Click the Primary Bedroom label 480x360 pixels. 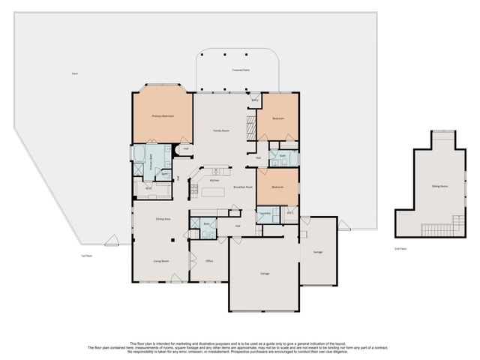163,116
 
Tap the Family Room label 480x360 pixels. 220,130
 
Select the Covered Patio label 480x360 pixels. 241,70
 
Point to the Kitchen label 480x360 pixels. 214,181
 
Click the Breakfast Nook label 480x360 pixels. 243,187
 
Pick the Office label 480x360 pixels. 209,261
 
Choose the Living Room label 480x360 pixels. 161,261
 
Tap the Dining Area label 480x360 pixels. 163,219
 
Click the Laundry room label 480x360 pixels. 265,213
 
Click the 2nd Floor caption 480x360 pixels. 401,248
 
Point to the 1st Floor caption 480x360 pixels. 86,255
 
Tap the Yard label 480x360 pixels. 74,73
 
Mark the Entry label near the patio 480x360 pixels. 255,99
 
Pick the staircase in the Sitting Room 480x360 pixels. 435,227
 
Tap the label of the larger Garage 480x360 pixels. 265,274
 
